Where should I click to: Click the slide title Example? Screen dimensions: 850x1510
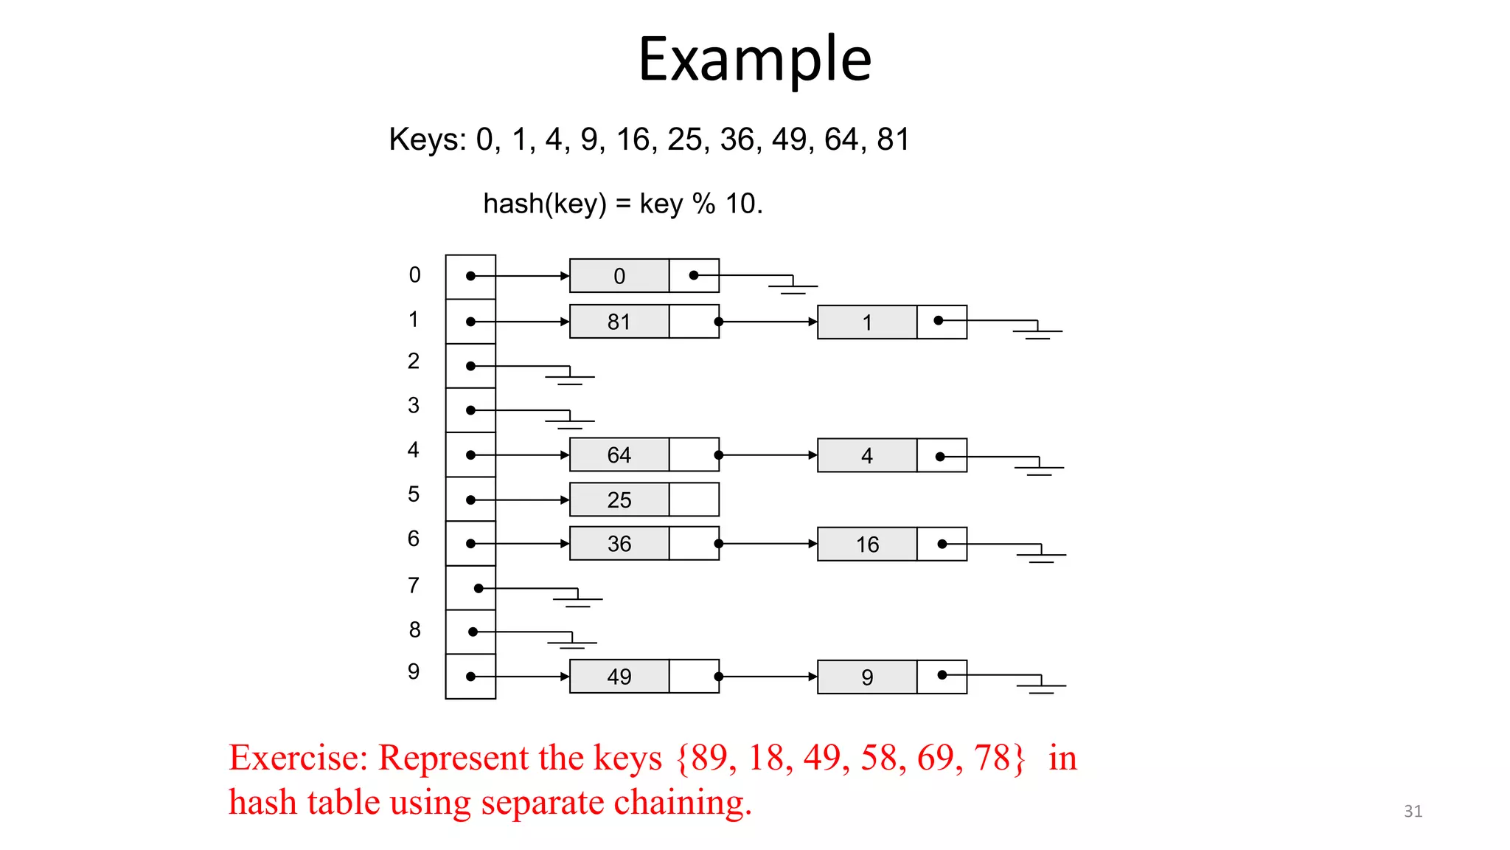[x=754, y=59]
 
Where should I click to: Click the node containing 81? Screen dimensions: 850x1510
[x=619, y=322]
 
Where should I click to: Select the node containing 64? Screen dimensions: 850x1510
[x=619, y=455]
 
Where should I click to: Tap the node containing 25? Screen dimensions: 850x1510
[x=619, y=500]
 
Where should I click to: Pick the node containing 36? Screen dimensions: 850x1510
[x=619, y=544]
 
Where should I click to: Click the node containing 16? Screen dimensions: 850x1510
[x=867, y=545]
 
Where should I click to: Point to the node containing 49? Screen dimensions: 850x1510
[x=619, y=677]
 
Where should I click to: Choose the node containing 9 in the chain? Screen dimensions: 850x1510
[x=867, y=677]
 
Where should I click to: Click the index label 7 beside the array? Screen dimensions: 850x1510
[x=414, y=585]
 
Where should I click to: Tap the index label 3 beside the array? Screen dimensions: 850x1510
[x=414, y=405]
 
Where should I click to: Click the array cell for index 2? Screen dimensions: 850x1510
[x=470, y=366]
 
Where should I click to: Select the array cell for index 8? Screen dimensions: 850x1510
[x=470, y=632]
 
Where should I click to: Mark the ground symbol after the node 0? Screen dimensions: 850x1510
[x=793, y=286]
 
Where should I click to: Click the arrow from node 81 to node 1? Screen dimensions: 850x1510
[x=768, y=322]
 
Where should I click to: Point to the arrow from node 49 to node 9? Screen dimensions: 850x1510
[x=768, y=677]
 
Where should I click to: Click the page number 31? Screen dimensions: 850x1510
[x=1413, y=811]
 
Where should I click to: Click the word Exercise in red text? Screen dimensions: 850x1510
[x=297, y=758]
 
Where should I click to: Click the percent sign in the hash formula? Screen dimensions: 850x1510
[x=703, y=204]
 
